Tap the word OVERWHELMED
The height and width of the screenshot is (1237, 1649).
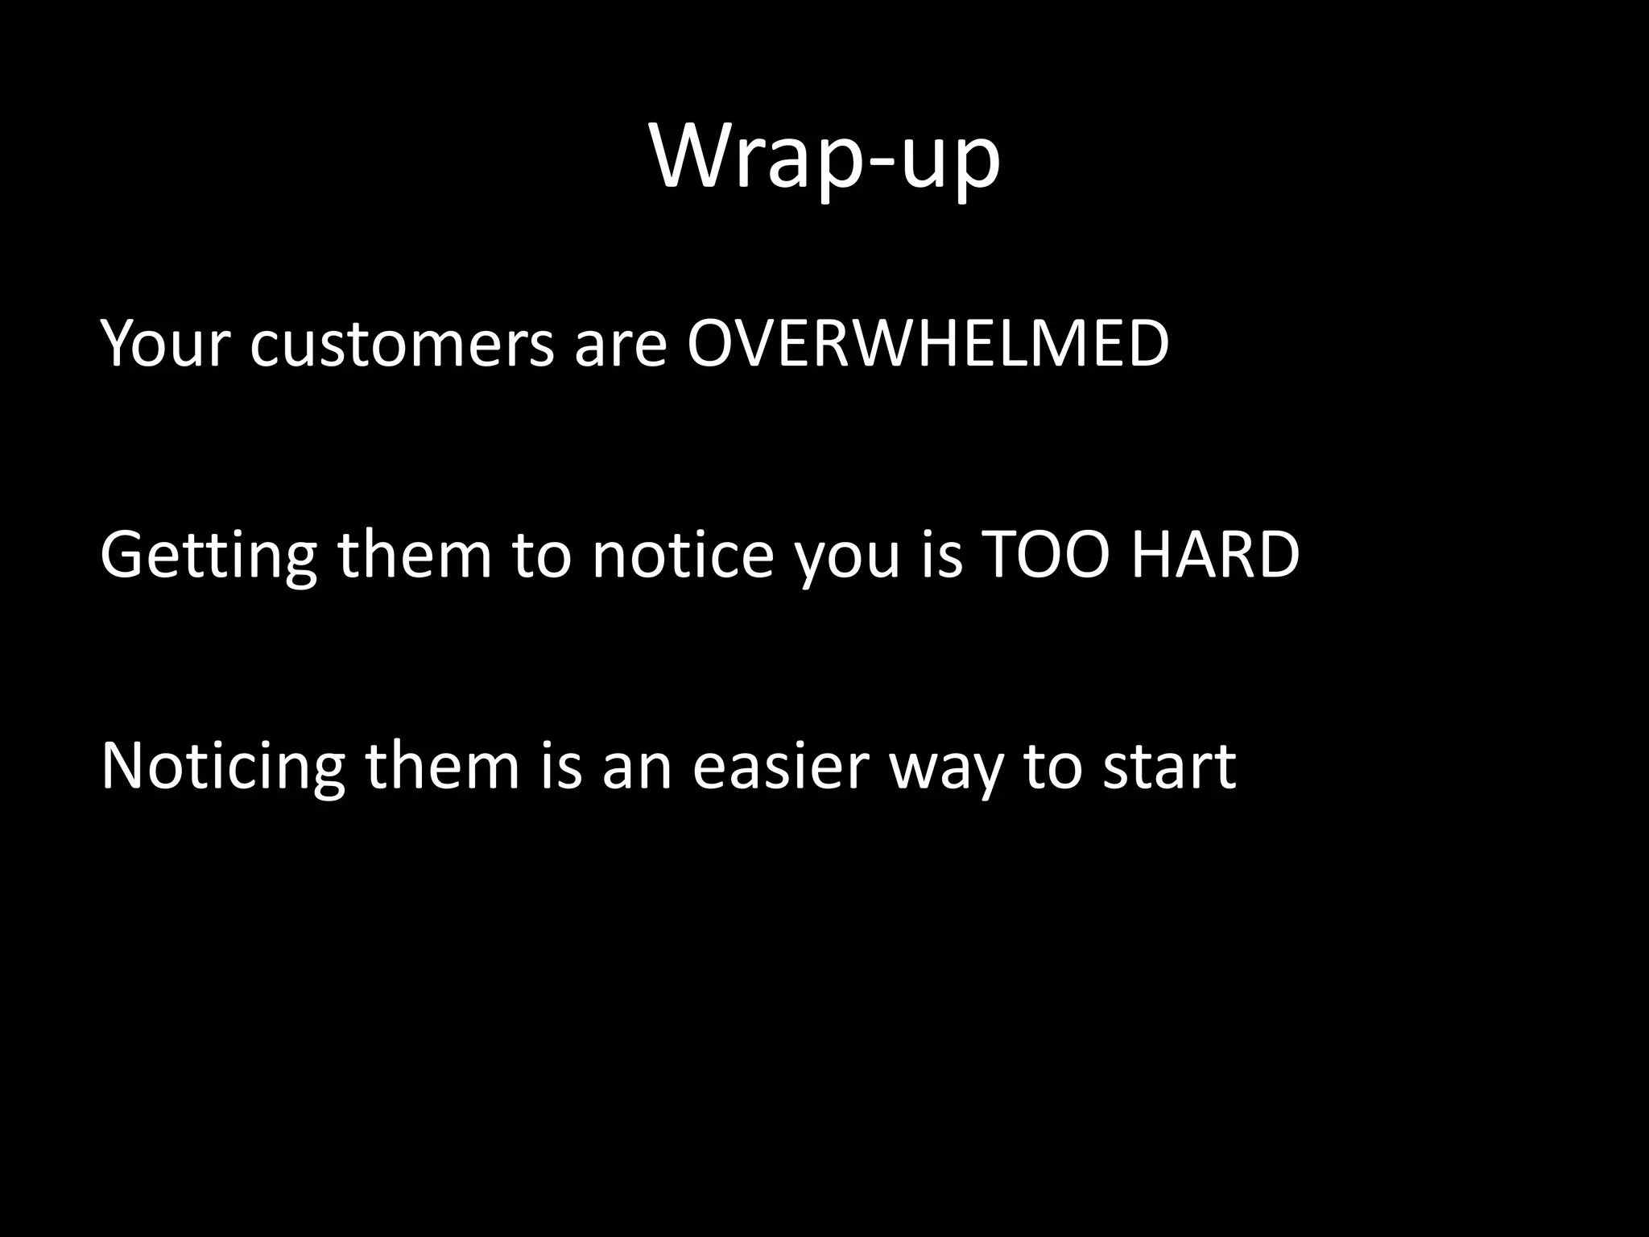927,345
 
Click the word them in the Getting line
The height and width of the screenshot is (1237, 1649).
414,556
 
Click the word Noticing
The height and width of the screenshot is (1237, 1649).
222,767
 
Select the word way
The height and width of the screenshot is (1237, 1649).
948,772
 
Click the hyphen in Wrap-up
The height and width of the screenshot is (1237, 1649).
874,166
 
